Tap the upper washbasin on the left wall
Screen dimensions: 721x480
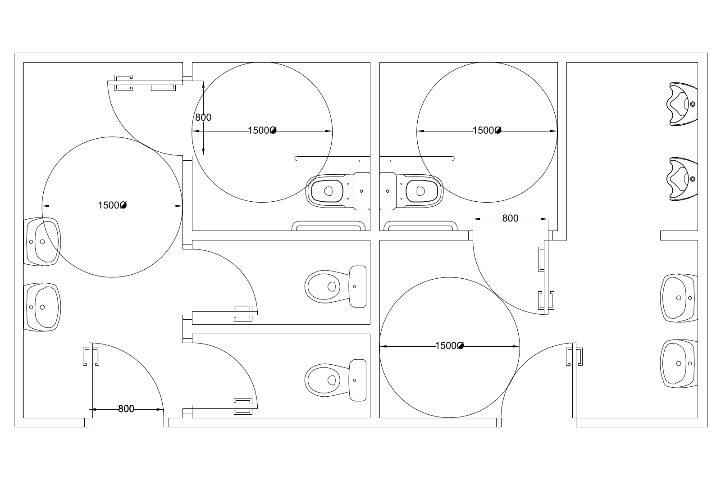click(42, 242)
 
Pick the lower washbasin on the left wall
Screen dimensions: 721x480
click(42, 307)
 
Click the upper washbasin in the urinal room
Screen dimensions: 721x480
click(679, 298)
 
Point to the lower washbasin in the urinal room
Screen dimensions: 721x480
click(679, 363)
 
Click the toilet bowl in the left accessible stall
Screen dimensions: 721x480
click(338, 191)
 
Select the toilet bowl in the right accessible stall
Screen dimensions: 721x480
click(411, 191)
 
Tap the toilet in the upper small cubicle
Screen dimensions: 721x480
click(335, 286)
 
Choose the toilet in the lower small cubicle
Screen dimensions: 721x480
click(335, 380)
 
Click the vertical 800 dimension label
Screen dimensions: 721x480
click(203, 118)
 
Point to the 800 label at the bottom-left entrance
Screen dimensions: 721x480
click(126, 409)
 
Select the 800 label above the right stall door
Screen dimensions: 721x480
click(510, 218)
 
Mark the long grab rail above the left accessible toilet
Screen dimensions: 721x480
click(333, 158)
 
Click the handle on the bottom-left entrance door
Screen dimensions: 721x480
click(91, 357)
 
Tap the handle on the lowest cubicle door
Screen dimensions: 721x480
click(243, 407)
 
